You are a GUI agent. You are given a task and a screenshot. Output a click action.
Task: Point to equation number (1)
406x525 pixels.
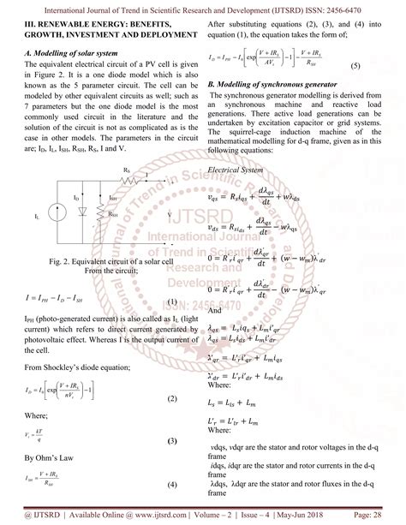(x=171, y=301)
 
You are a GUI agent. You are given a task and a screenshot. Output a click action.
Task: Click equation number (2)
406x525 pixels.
(x=171, y=376)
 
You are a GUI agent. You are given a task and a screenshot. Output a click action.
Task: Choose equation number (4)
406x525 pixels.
(x=171, y=485)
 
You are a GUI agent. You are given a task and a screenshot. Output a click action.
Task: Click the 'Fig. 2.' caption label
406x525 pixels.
(x=61, y=260)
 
